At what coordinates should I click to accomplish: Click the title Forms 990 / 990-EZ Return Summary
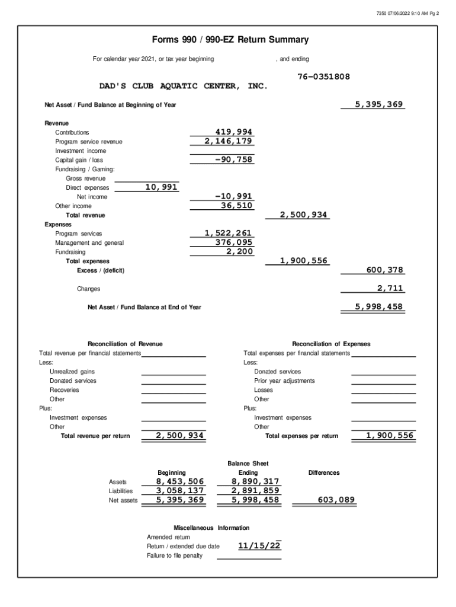coord(230,40)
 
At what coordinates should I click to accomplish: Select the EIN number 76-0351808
coord(323,77)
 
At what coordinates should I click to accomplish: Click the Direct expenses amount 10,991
coord(161,187)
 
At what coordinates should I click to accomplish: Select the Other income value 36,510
coord(236,206)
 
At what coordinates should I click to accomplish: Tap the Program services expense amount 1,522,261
coord(228,234)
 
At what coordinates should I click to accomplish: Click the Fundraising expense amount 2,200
coord(239,252)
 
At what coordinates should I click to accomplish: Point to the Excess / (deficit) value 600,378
coord(384,270)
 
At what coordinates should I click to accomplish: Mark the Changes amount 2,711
coord(390,289)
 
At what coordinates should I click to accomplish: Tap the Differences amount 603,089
coord(336,500)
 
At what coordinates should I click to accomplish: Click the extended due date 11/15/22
coord(258,546)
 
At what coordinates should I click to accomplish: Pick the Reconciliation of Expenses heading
coord(331,344)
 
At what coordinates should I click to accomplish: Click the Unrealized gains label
coord(72,372)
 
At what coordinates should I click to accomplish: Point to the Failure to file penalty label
coord(175,555)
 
